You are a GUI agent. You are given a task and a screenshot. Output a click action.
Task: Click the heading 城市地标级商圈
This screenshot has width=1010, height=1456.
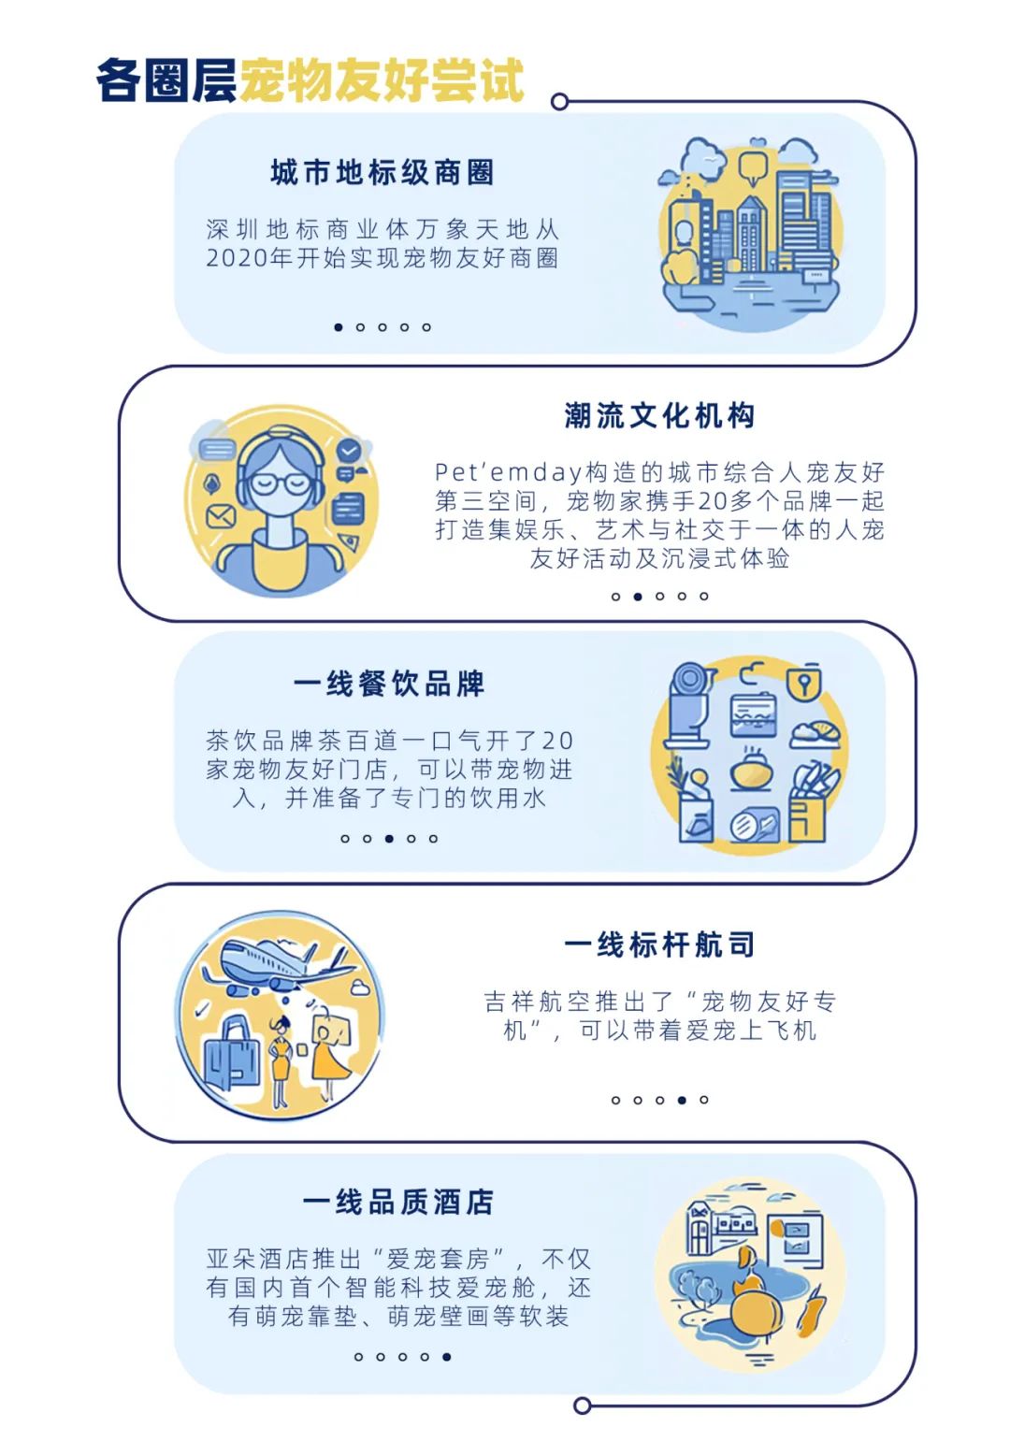(x=382, y=173)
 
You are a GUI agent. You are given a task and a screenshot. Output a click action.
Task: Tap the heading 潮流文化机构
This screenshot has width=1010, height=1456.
(x=659, y=416)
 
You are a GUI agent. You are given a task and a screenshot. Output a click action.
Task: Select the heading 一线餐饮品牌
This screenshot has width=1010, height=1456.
(x=389, y=684)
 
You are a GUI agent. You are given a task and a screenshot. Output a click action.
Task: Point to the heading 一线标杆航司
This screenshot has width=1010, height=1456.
(x=659, y=944)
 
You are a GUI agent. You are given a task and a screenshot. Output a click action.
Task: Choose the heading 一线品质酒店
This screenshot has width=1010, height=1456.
(x=397, y=1202)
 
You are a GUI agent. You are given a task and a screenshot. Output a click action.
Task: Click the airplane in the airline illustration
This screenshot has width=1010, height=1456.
(x=271, y=963)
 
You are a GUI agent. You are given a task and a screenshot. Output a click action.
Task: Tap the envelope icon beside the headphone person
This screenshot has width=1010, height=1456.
(x=222, y=515)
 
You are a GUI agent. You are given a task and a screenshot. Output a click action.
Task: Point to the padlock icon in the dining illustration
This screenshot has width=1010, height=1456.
(x=804, y=682)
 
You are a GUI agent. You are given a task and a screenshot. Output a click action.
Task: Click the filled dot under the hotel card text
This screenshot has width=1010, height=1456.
(x=447, y=1356)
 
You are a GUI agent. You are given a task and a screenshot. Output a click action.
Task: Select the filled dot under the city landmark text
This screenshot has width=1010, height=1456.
(x=339, y=327)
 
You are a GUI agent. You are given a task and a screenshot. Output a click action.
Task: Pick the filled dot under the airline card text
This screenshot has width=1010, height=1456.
(x=682, y=1100)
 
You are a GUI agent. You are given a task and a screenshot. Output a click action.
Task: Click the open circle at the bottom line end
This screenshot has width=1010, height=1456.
(x=582, y=1406)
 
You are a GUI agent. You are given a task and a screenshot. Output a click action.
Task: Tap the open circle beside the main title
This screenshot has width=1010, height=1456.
(x=559, y=102)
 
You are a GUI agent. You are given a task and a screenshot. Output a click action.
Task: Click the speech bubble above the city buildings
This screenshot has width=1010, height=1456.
(x=752, y=167)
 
